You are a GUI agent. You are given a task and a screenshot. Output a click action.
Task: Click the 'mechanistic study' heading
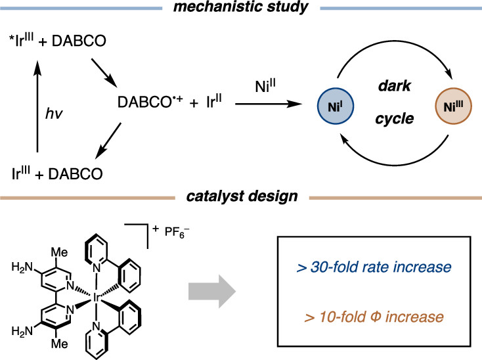tap(241, 7)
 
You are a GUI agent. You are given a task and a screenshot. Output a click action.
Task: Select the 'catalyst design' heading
tap(241, 196)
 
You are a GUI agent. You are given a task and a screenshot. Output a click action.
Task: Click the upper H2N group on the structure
tap(20, 268)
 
